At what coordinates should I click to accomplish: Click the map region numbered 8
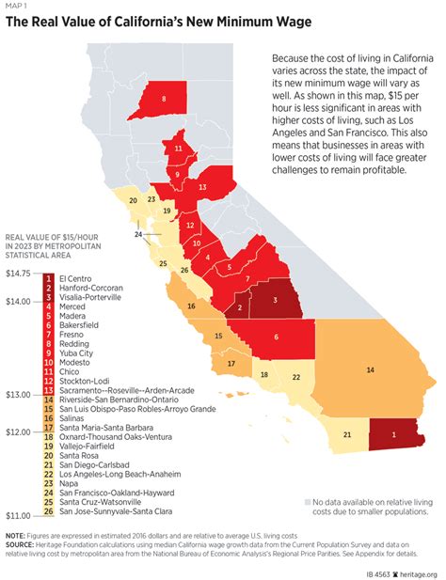[x=164, y=99]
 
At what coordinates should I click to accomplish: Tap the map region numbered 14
[x=370, y=370]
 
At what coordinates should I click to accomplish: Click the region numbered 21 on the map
[x=347, y=434]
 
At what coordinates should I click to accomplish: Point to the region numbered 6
[x=276, y=337]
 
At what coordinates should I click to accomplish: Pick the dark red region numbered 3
[x=275, y=300]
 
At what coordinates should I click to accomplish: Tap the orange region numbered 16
[x=191, y=306]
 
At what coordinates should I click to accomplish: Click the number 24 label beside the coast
[x=138, y=234]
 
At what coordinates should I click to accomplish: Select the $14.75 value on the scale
[x=20, y=273]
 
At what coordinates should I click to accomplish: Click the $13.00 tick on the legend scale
[x=20, y=395]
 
